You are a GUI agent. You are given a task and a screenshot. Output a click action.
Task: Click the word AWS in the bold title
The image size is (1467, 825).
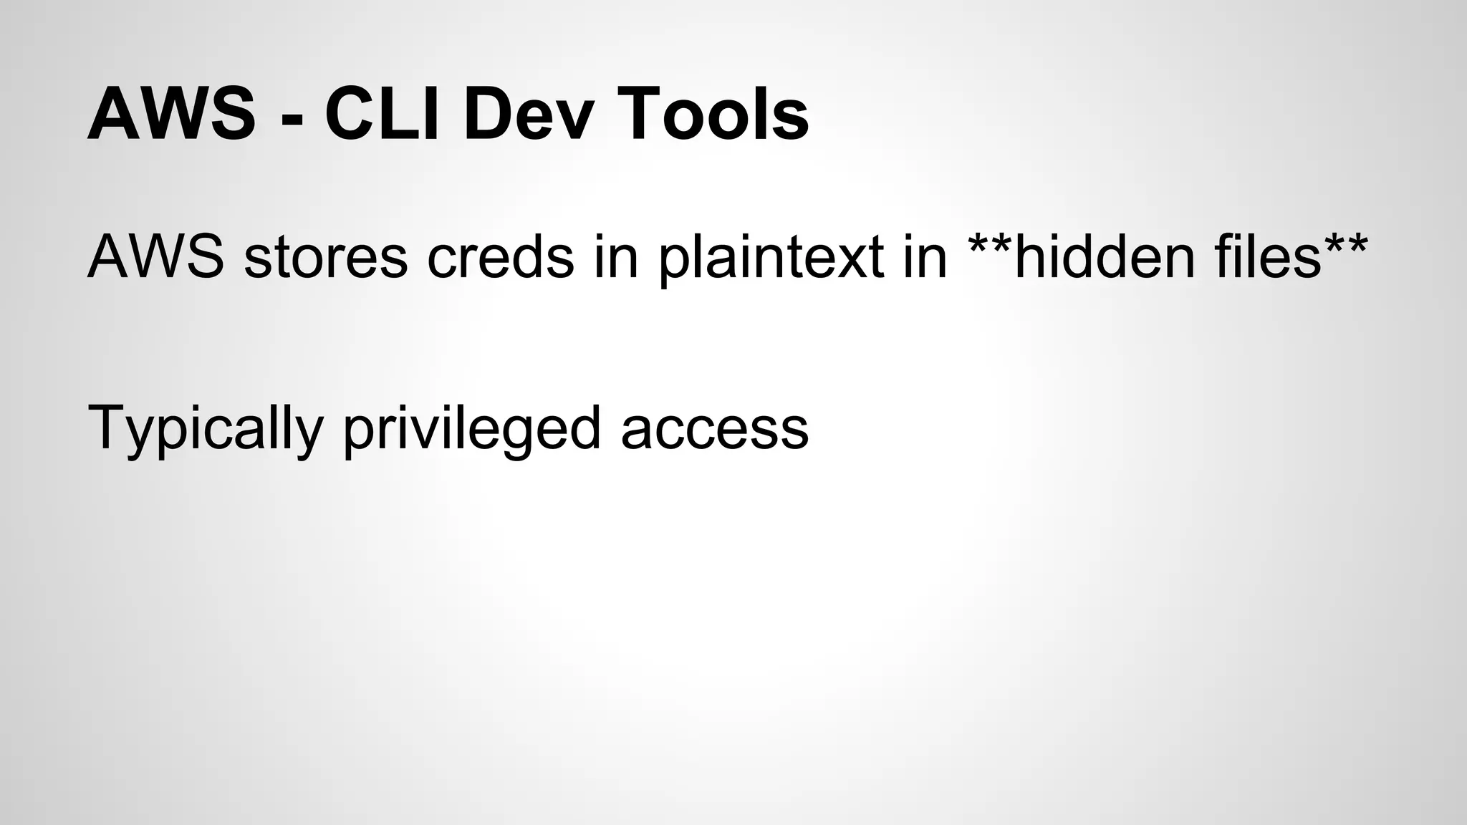(171, 115)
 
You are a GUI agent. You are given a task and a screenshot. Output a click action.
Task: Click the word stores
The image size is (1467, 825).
(326, 258)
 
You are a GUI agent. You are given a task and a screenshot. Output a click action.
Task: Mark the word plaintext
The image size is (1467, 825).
(771, 258)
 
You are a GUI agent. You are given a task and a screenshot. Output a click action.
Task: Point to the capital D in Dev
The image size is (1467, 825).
(488, 115)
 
